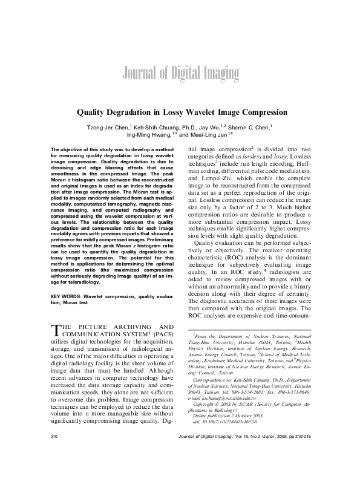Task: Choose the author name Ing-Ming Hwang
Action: [157, 137]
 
